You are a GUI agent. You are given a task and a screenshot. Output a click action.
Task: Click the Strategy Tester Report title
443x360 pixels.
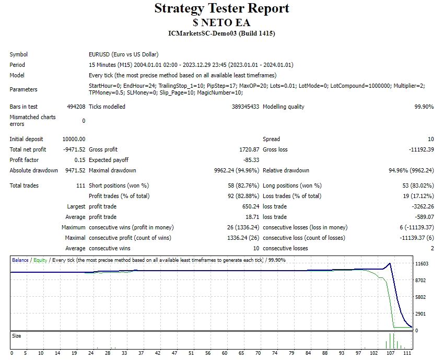pos(221,9)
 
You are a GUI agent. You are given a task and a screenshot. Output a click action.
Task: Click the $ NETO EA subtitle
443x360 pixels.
pos(221,22)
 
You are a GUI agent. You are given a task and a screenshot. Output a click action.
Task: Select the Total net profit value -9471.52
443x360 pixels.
pos(73,149)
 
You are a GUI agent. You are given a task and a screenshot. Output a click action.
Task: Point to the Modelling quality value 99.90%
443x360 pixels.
pos(423,107)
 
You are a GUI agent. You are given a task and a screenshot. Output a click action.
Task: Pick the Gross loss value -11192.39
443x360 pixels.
pos(419,149)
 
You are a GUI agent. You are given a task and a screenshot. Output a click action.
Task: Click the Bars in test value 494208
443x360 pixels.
pos(76,107)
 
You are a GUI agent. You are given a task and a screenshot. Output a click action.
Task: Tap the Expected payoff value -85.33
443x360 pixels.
pos(250,160)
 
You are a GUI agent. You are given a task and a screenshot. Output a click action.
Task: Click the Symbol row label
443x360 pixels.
pos(19,54)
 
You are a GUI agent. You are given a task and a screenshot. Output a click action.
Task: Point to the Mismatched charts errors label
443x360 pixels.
pos(32,121)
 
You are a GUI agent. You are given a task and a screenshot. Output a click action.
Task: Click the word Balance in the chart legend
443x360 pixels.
pos(20,260)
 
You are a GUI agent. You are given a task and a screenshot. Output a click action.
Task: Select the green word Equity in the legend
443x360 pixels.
pos(40,260)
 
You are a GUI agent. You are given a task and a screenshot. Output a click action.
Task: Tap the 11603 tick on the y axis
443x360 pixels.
pos(422,264)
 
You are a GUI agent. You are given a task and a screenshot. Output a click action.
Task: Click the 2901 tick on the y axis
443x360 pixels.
pos(421,314)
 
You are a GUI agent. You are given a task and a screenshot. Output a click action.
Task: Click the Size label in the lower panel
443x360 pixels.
pos(17,336)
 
